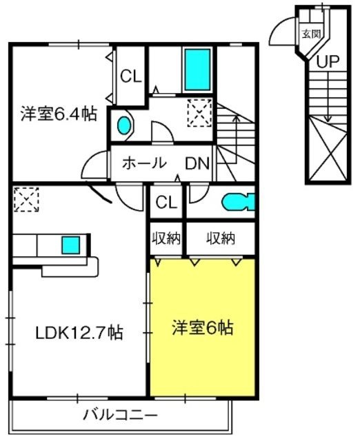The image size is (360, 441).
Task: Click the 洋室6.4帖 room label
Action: (59, 114)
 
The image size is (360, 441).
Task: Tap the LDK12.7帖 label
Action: (79, 333)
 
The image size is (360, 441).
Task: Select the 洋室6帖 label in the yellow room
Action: (203, 328)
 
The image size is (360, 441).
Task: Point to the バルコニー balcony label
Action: (120, 415)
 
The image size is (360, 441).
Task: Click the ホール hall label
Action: (144, 163)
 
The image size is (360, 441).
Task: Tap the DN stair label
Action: (197, 163)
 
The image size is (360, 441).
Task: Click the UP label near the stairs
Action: (328, 61)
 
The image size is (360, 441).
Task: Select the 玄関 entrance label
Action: (311, 34)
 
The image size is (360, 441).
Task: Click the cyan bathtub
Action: (197, 70)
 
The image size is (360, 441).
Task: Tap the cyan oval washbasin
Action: (124, 125)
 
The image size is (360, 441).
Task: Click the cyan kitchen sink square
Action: (70, 245)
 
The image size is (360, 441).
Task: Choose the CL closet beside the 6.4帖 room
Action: (131, 76)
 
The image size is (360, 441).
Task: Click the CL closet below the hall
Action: (167, 202)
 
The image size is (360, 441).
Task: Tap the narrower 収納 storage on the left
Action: (166, 238)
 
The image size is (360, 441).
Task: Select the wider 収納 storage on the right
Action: (221, 238)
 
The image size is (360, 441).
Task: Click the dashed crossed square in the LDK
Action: (26, 200)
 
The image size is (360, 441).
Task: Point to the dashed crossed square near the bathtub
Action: (199, 112)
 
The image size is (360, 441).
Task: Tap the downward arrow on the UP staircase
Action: (327, 96)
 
